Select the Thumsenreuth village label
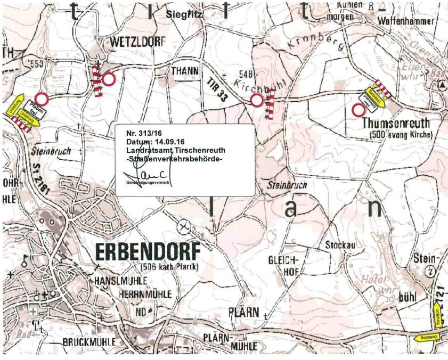[395, 123]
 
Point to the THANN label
[184, 70]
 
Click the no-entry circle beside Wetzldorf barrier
[109, 80]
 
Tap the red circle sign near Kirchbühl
[257, 100]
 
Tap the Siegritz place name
[184, 14]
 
